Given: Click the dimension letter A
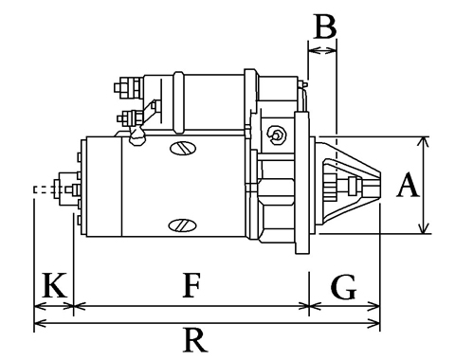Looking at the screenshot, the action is pos(409,185).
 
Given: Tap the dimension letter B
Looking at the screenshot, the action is pos(325,26).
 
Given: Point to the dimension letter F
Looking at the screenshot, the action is pos(191,285).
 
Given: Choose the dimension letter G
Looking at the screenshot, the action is pos(344,287).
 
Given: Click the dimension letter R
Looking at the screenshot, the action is pos(195,339).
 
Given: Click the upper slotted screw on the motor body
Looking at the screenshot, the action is pos(183,148).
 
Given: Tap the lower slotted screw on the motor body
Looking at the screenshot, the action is pos(182,225).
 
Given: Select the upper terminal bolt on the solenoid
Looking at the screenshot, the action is pos(128,87).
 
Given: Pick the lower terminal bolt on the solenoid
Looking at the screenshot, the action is pos(130,118).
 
